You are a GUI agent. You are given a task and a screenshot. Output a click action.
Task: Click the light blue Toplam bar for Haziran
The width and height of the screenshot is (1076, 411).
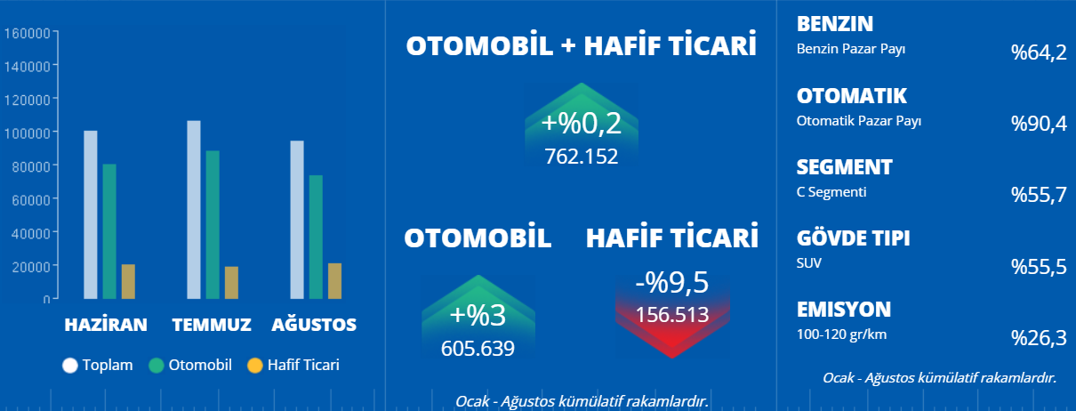coord(91,215)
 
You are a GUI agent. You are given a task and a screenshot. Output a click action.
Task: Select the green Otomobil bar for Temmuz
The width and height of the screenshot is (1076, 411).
coord(213,225)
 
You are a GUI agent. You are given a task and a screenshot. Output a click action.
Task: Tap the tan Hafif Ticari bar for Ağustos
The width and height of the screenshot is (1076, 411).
coord(335,281)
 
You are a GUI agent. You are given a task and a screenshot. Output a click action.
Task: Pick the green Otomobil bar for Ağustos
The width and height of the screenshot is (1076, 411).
coord(316,237)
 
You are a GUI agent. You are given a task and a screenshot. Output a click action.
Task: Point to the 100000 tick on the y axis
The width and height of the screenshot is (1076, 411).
coord(55,132)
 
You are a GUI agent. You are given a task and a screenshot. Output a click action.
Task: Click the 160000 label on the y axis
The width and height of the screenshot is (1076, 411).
coord(27,33)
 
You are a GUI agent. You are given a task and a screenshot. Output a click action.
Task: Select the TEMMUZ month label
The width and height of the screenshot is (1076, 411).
coord(212,325)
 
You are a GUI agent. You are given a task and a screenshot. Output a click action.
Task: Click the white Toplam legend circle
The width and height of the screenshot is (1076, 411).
coord(70,366)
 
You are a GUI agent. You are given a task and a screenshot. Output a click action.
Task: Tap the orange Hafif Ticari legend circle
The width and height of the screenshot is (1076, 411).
coord(254,366)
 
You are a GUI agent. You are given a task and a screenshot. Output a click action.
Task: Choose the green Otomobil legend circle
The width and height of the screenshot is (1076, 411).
coord(157,366)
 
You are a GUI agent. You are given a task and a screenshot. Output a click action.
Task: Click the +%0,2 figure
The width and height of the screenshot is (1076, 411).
coord(582,123)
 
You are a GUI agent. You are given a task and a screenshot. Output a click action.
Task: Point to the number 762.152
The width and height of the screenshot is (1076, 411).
coord(582,157)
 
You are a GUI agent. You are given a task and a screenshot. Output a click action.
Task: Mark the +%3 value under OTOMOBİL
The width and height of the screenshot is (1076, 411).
coord(478,315)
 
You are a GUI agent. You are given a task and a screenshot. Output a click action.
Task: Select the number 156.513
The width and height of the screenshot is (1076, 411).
coord(672,315)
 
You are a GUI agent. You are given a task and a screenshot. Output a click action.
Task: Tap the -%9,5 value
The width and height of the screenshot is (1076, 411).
coord(672,282)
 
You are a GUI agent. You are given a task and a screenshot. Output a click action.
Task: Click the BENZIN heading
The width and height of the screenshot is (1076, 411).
coord(835,24)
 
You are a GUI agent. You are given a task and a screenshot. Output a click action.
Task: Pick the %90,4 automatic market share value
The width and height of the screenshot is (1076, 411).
coord(1039,124)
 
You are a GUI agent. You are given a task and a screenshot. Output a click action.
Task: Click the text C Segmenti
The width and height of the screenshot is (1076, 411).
coord(831,192)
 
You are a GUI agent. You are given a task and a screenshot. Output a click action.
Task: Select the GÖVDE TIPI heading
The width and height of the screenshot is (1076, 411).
coord(853,238)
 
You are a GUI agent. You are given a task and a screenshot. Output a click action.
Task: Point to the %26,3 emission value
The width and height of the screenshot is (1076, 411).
coord(1039,338)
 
